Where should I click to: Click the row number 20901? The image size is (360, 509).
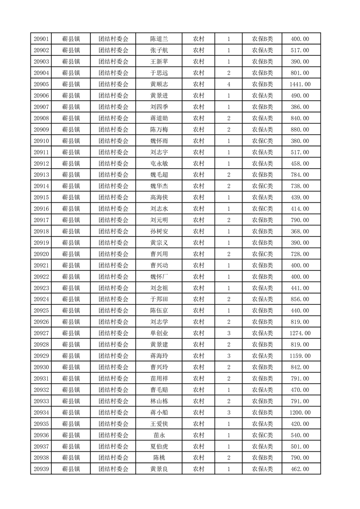[x=41, y=39]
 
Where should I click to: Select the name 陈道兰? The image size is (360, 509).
[x=159, y=39]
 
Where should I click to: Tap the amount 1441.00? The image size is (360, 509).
[x=300, y=84]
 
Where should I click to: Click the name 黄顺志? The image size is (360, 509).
[x=159, y=84]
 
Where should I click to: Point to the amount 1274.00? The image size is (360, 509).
[x=300, y=333]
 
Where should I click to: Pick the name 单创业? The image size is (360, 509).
[x=159, y=333]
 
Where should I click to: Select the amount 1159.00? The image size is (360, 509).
[x=300, y=356]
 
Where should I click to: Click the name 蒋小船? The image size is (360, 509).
[x=159, y=412]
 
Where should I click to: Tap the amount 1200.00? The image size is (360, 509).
[x=300, y=412]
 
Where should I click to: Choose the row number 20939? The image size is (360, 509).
[x=41, y=469]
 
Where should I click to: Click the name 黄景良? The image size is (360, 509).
[x=159, y=469]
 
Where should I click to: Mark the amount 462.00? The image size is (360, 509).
[x=300, y=469]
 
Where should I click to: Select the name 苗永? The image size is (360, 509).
[x=159, y=435]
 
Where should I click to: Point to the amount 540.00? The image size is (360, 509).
[x=300, y=435]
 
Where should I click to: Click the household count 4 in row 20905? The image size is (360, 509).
[x=228, y=84]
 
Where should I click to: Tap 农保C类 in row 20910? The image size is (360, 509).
[x=262, y=141]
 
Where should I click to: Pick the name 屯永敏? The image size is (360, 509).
[x=159, y=164]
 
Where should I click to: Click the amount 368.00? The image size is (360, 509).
[x=300, y=231]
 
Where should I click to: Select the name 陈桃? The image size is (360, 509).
[x=159, y=458]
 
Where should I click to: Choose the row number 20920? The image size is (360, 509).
[x=41, y=254]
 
